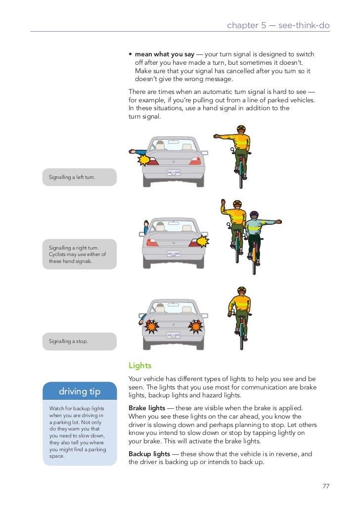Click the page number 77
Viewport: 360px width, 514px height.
pos(326,486)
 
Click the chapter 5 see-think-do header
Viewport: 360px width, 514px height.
pos(278,25)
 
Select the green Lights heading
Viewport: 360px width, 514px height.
pos(140,366)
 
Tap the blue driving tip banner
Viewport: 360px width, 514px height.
pos(80,392)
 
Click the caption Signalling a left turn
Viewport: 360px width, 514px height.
pos(72,177)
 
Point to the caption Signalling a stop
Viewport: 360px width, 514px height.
pos(68,341)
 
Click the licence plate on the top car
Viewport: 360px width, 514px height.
pos(174,172)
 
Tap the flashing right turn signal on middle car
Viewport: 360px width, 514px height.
pos(202,241)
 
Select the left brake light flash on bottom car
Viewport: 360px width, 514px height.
pos(150,326)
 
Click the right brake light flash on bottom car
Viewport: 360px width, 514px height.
pos(196,326)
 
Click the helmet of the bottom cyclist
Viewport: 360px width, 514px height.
pos(241,290)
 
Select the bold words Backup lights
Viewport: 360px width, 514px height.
pos(149,454)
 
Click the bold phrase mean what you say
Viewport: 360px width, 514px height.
pos(165,54)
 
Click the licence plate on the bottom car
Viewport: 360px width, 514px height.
pos(174,335)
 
